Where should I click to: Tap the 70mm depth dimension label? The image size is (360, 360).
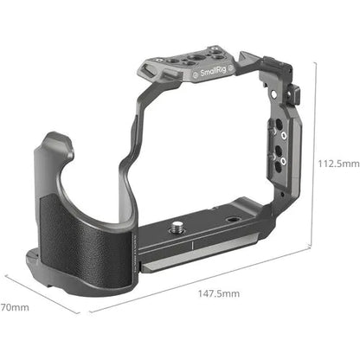point(14,307)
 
